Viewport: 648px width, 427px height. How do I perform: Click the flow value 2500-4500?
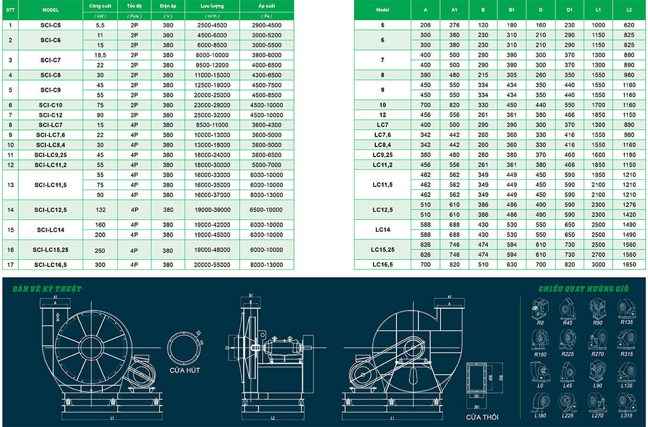(x=212, y=25)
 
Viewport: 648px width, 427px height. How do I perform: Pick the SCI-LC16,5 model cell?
(x=51, y=264)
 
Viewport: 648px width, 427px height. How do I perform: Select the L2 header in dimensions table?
(x=629, y=11)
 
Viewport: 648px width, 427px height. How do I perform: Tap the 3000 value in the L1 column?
(x=598, y=265)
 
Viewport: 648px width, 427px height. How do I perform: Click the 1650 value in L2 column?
(x=629, y=265)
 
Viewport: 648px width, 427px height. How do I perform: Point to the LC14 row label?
(x=382, y=229)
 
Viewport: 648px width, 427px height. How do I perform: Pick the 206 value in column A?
(x=426, y=25)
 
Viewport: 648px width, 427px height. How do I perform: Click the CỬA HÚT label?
(x=186, y=370)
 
